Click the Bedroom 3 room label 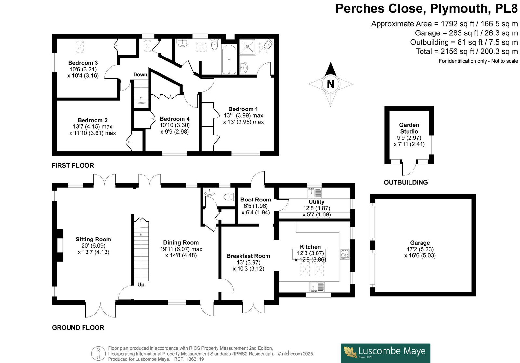83,63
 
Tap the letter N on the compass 330,84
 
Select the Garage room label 420,243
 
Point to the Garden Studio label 409,128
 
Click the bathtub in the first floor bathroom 229,59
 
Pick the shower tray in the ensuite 248,47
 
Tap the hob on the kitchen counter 345,254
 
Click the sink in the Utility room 315,193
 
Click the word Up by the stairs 141,285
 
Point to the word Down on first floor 140,75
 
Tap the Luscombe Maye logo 385,353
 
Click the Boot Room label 255,200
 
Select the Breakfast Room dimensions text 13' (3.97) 248,262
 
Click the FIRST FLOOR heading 73,165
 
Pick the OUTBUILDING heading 406,182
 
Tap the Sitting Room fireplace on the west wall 58,245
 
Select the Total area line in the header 467,51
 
